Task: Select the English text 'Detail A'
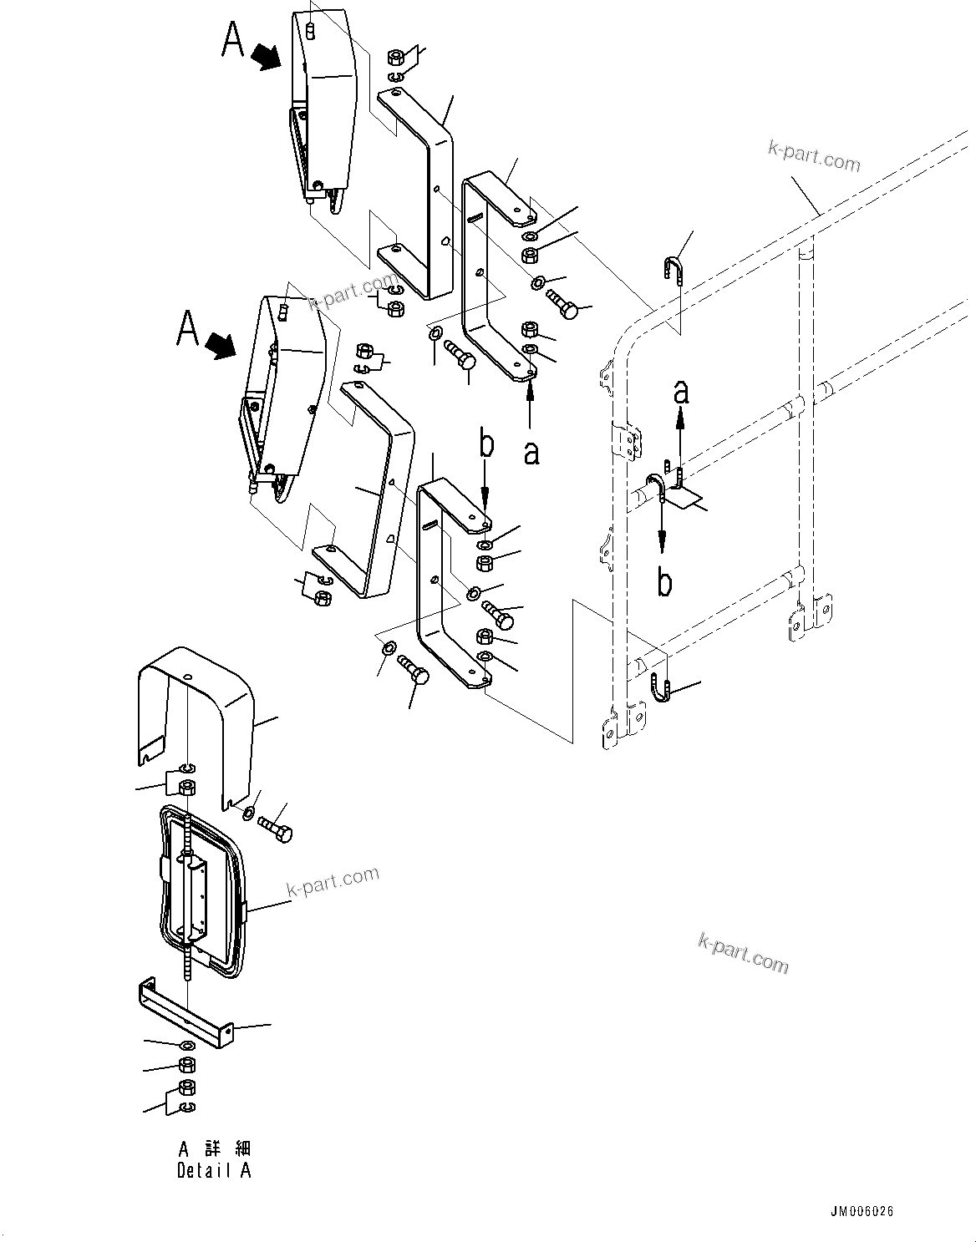click(213, 1170)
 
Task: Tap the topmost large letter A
click(233, 40)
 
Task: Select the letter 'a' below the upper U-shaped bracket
click(531, 452)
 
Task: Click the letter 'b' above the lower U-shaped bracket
click(485, 445)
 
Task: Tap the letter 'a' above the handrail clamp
click(682, 391)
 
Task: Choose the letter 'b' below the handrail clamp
click(664, 583)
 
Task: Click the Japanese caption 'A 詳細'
click(214, 1148)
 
